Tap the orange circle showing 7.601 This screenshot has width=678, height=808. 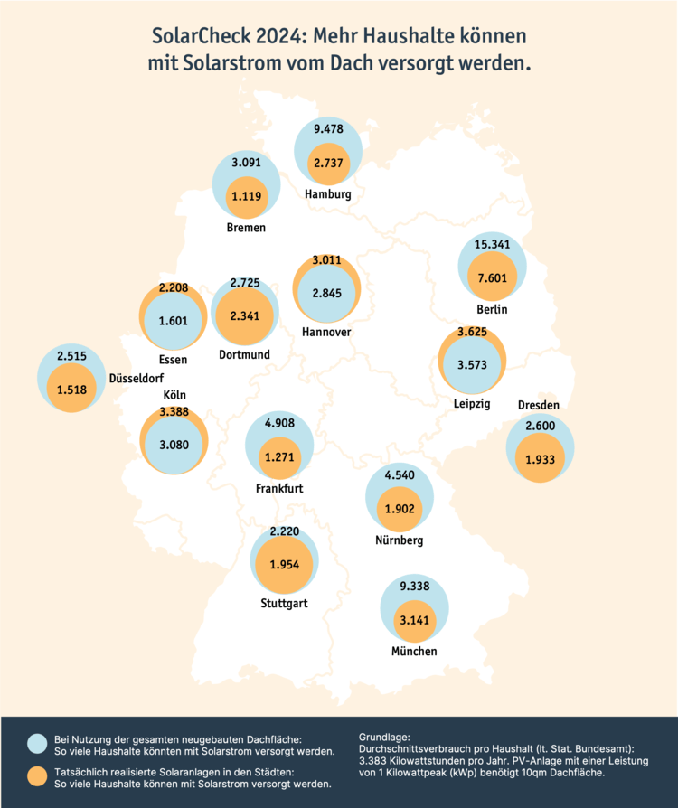(x=492, y=278)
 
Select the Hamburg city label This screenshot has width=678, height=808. (x=327, y=194)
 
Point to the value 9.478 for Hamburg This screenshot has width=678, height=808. (x=327, y=129)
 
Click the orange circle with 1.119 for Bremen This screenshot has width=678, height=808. (x=246, y=195)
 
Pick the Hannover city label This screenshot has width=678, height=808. (x=326, y=332)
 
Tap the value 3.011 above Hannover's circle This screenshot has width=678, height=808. (x=327, y=261)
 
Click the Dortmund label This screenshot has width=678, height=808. (x=244, y=354)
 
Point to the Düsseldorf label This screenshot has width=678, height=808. (x=136, y=377)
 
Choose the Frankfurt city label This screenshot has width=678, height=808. (x=278, y=489)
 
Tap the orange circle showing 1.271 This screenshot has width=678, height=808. (x=279, y=457)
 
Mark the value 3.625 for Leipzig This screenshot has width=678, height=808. (x=471, y=333)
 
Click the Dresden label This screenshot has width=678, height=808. (x=539, y=404)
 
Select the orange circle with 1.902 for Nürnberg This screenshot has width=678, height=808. (x=399, y=509)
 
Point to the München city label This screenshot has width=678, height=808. (x=414, y=651)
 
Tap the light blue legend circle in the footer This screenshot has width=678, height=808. (x=37, y=743)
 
